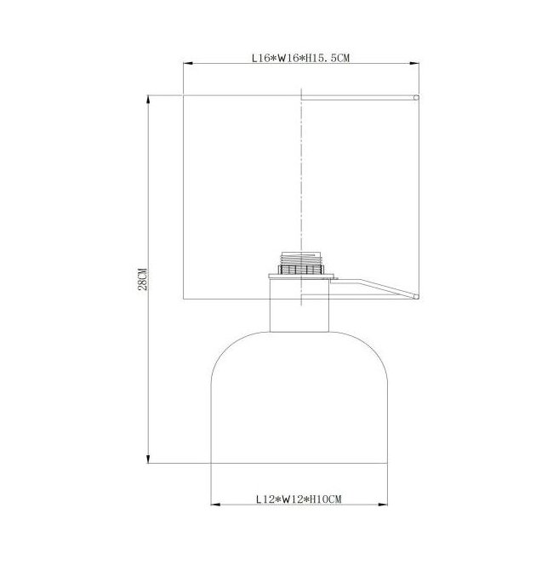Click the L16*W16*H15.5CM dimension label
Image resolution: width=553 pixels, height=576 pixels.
click(300, 58)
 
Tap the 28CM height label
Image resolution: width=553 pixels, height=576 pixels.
click(143, 279)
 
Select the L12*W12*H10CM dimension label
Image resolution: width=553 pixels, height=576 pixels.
click(299, 499)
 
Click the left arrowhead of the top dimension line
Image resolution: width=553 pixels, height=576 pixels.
click(188, 64)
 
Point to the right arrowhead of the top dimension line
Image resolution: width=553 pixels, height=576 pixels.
click(414, 64)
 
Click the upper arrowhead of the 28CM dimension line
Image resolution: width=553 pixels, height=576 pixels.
click(148, 100)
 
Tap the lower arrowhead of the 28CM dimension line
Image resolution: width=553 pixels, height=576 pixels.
click(148, 459)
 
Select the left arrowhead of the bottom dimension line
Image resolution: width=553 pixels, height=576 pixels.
click(216, 505)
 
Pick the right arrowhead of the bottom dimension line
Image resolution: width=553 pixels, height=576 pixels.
click(383, 505)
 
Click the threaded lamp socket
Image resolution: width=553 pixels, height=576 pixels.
click(301, 263)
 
